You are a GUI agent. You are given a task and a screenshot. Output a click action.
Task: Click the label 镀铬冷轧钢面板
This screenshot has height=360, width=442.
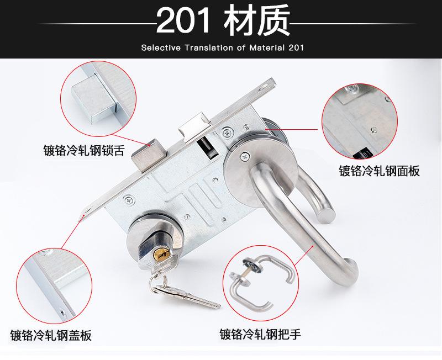[x=379, y=171]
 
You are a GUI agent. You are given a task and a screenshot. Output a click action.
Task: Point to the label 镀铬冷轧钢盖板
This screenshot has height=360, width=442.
[x=51, y=335]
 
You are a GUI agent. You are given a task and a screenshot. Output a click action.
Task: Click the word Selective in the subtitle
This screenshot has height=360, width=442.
[x=159, y=48]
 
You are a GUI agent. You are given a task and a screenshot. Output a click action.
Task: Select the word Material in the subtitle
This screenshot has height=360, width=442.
[x=267, y=48]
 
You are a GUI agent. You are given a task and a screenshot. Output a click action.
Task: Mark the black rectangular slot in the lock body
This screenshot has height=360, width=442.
[x=206, y=147]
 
